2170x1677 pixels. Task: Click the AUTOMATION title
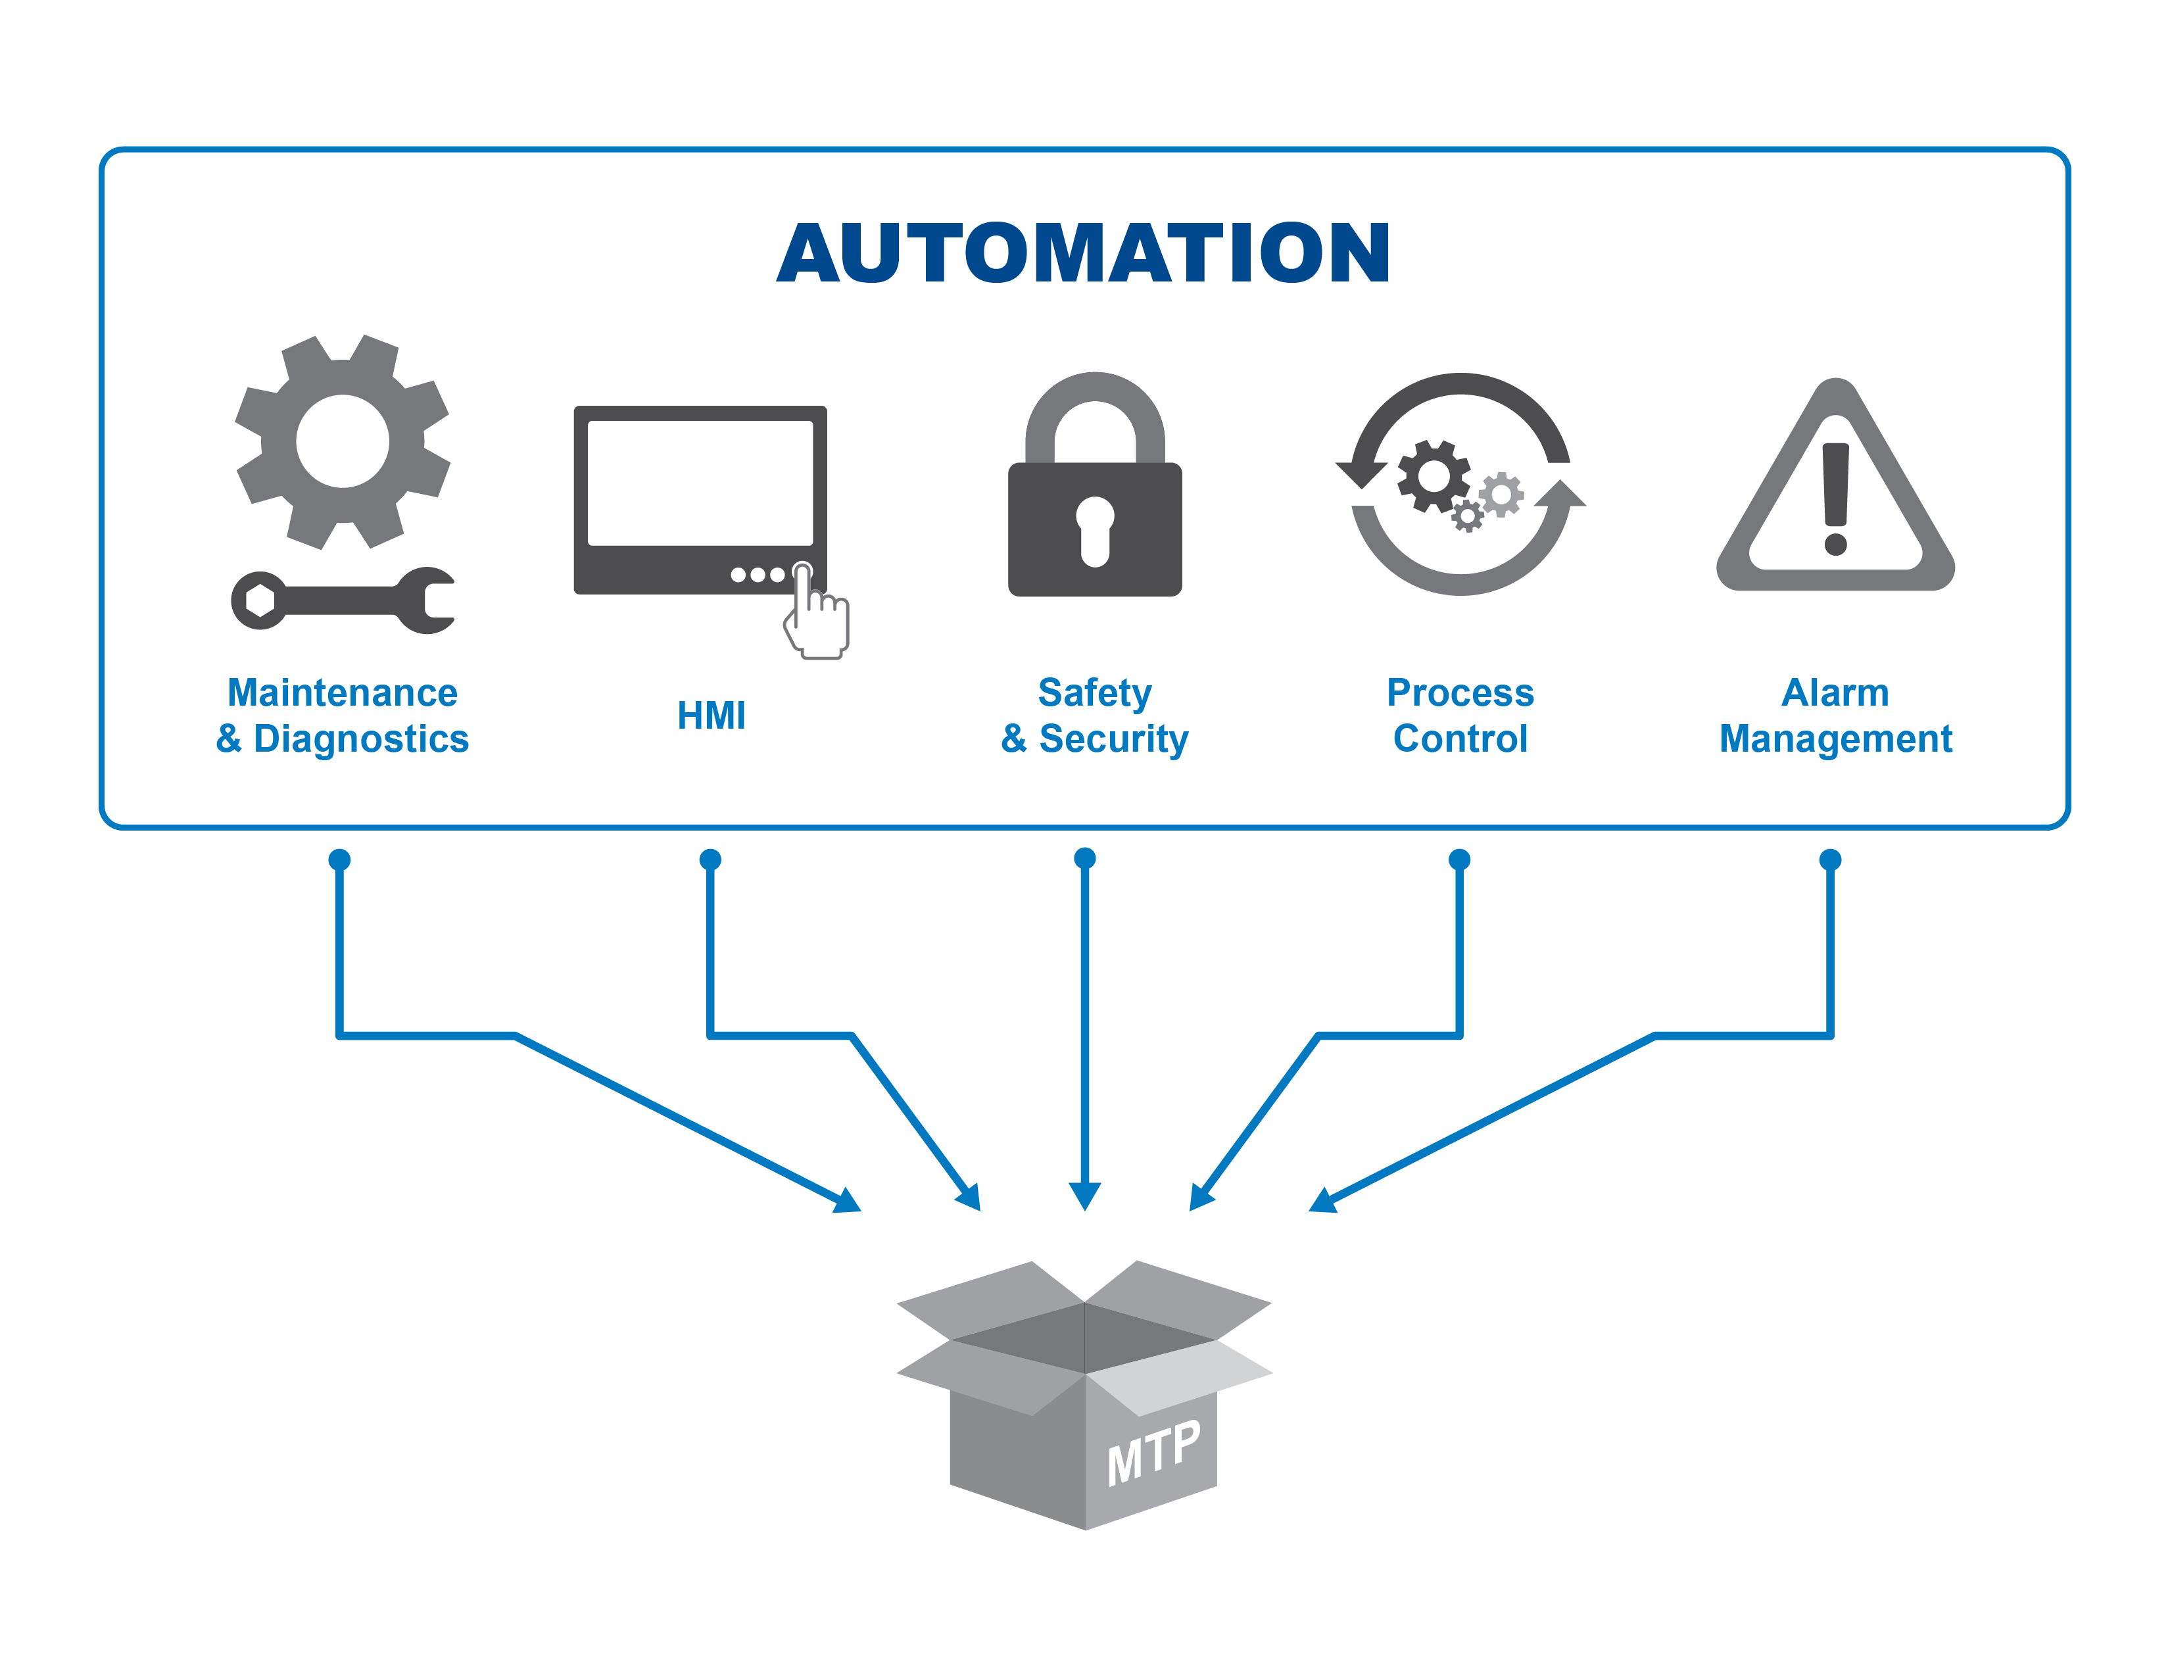1083,253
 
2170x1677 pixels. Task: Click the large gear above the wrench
343,441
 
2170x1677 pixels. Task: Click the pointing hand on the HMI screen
817,616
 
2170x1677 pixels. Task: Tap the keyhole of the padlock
1095,529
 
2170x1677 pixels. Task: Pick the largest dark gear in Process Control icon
1433,477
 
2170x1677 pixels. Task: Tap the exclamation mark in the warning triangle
1835,497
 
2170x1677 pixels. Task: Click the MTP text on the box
1155,1453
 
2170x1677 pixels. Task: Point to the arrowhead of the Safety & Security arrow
1085,1195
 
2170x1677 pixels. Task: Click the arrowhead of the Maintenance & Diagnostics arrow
848,1201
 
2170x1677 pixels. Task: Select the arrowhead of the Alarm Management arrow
1324,1201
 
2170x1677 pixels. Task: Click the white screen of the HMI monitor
700,482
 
